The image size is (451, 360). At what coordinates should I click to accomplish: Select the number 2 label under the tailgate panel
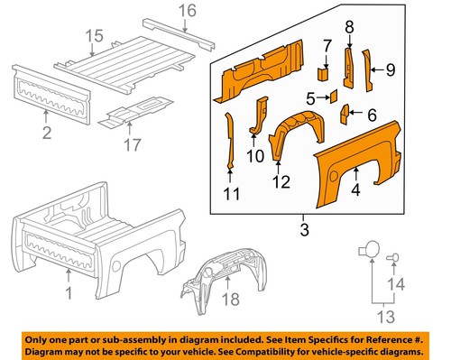(x=45, y=134)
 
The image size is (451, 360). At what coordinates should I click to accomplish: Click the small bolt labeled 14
(x=394, y=259)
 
